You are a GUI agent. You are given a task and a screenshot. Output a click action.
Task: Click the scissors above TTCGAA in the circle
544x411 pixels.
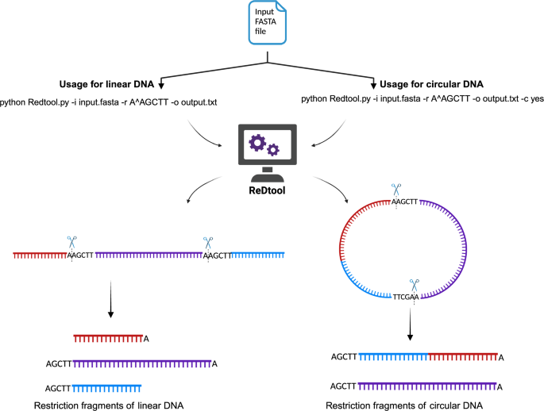(x=411, y=283)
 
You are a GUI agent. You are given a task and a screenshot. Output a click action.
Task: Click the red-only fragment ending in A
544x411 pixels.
(x=109, y=338)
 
